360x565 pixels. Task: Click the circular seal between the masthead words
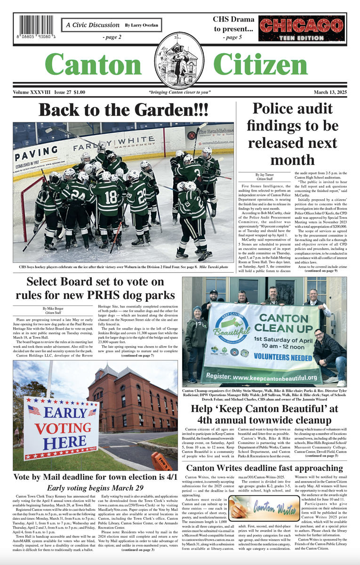coord(179,60)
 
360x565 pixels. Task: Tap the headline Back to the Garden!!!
coord(123,110)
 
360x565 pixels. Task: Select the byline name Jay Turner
coord(267,175)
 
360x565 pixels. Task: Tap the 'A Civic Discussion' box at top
coord(112,24)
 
